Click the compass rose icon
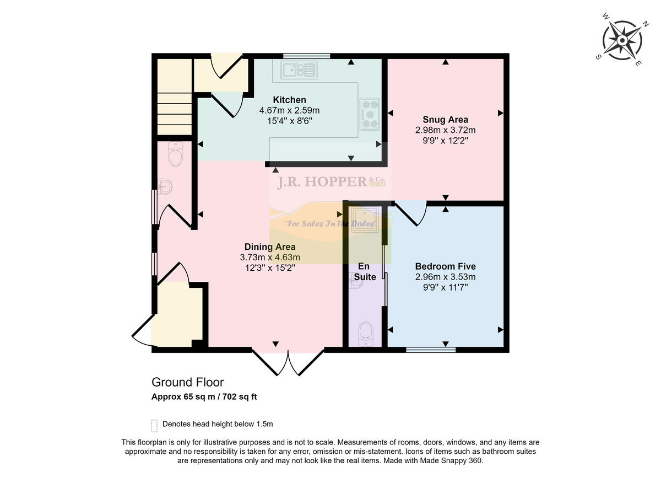[622, 40]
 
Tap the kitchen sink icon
[299, 70]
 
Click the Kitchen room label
[289, 100]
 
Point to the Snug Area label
[445, 120]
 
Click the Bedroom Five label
[445, 266]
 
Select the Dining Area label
[270, 247]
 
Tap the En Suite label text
[365, 272]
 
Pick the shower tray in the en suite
[365, 219]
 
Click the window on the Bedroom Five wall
[431, 349]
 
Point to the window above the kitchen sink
[307, 56]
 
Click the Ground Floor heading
[188, 382]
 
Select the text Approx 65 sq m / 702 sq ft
[204, 396]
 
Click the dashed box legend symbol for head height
[154, 425]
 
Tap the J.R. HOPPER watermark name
[322, 182]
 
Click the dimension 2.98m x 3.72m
[445, 130]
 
